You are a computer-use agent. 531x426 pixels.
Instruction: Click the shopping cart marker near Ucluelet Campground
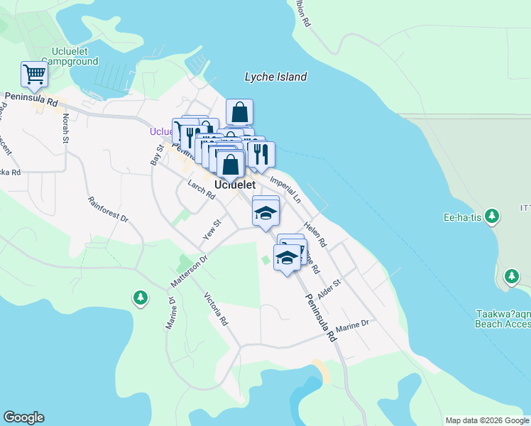point(34,74)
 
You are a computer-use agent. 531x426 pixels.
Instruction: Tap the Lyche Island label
point(275,77)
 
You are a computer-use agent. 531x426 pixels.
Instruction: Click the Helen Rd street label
point(314,234)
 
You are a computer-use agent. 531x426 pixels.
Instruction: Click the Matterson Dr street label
point(188,273)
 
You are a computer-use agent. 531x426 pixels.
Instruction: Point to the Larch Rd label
point(201,190)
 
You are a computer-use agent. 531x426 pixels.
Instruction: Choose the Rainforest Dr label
point(108,212)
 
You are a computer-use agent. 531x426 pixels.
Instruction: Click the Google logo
point(23,417)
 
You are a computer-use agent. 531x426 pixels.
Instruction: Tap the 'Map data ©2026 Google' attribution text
point(487,420)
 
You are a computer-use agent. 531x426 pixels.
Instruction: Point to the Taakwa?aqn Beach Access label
point(502,319)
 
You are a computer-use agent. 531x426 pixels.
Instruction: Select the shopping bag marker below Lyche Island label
point(240,113)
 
